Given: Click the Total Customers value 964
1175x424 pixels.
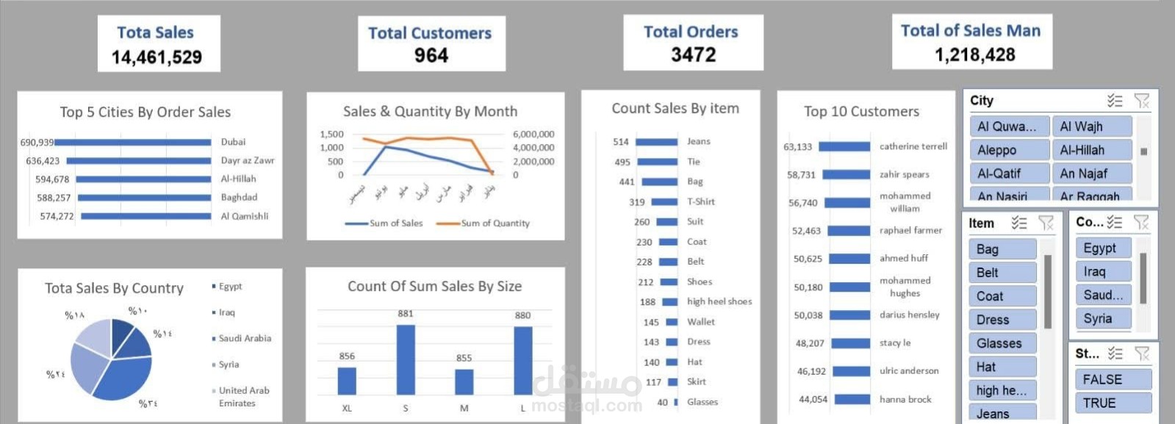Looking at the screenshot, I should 431,56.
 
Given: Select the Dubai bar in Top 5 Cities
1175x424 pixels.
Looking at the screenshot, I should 133,143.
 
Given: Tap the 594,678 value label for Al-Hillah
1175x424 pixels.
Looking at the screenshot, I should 52,179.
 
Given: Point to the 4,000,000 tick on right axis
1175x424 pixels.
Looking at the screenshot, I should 533,148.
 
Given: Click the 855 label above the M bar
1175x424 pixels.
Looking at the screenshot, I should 464,358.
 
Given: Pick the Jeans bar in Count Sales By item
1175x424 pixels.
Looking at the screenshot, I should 656,142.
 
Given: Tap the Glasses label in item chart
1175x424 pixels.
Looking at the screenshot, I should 703,402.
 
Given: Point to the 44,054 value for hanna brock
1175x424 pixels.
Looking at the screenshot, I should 812,400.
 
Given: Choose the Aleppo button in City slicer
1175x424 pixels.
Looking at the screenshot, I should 1009,150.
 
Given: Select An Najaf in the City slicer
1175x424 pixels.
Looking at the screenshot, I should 1091,173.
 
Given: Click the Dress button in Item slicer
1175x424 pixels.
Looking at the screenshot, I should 1002,320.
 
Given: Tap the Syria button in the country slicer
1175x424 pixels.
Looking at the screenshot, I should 1102,319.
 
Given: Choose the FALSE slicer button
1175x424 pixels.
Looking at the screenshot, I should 1112,380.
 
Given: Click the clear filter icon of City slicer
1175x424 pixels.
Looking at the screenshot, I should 1141,101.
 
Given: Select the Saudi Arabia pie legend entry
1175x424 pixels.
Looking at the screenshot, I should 244,339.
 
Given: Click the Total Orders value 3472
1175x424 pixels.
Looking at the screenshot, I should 693,55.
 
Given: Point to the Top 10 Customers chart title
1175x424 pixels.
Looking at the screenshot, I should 861,112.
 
